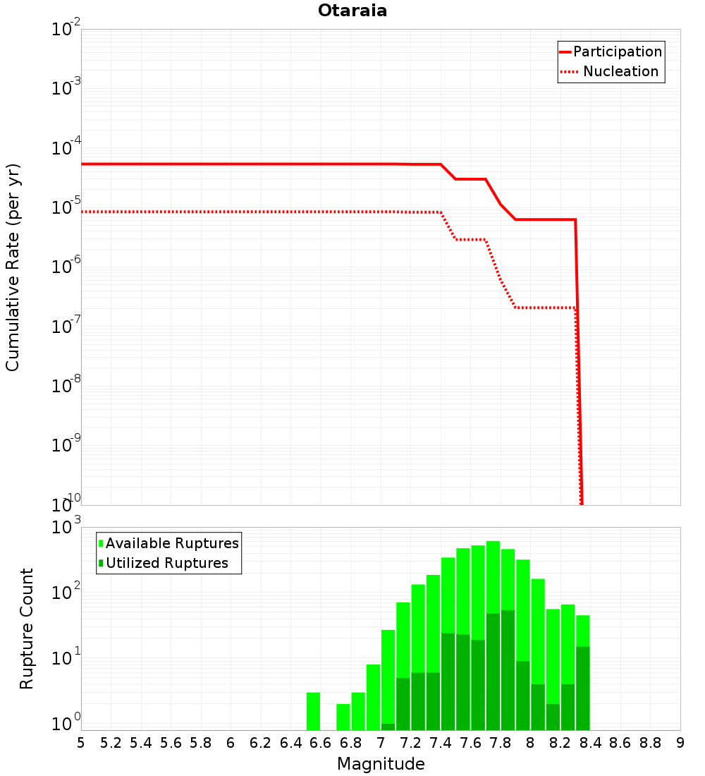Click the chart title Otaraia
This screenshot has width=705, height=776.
tap(352, 11)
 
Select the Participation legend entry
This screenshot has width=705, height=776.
tap(611, 51)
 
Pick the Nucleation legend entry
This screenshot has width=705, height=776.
tap(610, 71)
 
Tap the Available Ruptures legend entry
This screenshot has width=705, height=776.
tap(168, 543)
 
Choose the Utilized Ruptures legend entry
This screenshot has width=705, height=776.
tap(164, 563)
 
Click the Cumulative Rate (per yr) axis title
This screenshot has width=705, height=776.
tap(13, 267)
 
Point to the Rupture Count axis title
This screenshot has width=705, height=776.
tap(26, 629)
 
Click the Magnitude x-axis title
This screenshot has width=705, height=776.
tap(381, 764)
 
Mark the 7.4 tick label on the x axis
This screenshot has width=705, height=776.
tap(441, 743)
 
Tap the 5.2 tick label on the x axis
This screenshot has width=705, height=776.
tap(111, 743)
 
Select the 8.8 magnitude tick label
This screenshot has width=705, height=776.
tap(650, 743)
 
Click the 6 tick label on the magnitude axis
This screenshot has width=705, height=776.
tap(231, 743)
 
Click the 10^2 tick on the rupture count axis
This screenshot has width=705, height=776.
tap(66, 590)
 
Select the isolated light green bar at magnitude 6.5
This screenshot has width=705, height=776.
tap(313, 711)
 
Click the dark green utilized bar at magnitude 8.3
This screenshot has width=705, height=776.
tap(583, 689)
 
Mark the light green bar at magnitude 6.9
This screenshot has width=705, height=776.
tap(358, 711)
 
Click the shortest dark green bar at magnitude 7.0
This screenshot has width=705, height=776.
tap(388, 727)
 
